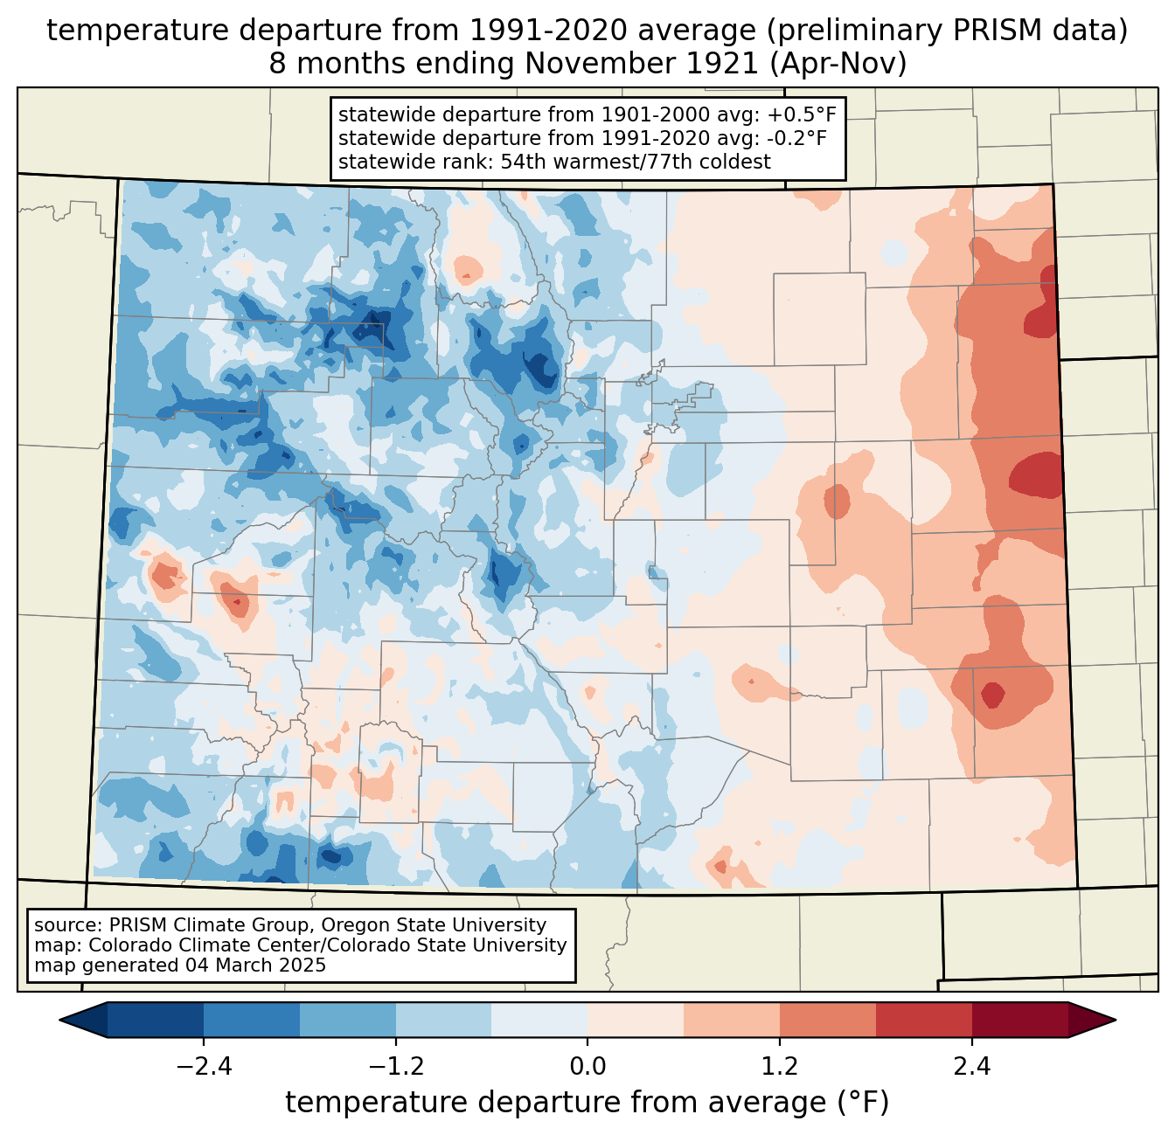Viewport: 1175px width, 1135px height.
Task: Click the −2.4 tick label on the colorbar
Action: pos(204,1067)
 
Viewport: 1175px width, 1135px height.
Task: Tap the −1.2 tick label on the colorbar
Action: pos(395,1067)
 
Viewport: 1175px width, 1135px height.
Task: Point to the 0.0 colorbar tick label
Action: pos(587,1067)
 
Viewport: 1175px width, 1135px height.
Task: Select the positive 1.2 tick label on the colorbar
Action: pos(780,1067)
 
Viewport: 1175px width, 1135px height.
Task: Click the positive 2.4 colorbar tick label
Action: pos(971,1067)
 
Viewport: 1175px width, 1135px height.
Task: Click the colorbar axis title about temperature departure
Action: pos(587,1102)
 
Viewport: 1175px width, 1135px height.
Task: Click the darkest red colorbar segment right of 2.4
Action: pos(1019,1020)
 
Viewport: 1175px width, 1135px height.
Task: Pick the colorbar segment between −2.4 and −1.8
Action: pos(252,1020)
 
